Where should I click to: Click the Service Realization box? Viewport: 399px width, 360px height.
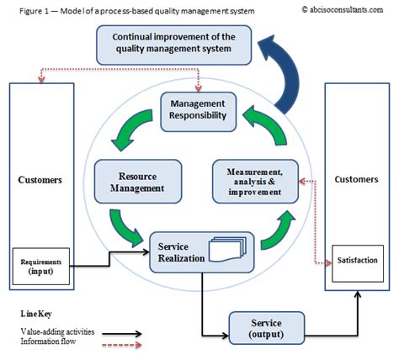(x=194, y=251)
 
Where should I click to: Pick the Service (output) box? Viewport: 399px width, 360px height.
(x=267, y=328)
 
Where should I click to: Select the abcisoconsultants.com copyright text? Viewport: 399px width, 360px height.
(x=346, y=8)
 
